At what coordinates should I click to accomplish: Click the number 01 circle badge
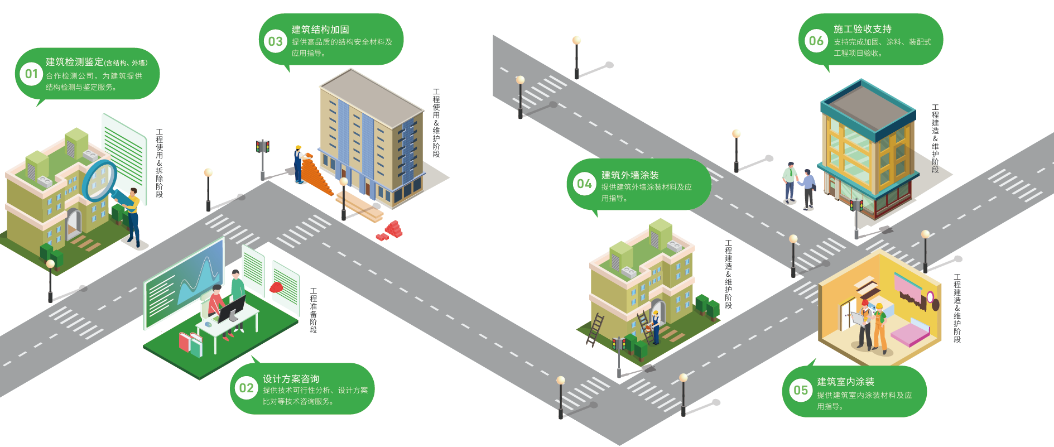32,74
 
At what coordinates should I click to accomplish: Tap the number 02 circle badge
246,388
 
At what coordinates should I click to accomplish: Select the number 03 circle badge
276,42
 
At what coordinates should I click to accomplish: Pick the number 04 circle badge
584,184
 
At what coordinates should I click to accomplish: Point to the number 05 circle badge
801,391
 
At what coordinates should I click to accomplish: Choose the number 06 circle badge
816,41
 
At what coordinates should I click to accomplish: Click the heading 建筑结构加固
320,30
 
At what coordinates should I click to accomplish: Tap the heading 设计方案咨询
291,379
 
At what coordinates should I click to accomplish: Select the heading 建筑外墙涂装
629,175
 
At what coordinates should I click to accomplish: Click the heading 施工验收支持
862,29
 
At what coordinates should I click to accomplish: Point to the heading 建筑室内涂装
845,382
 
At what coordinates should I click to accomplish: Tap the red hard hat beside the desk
276,287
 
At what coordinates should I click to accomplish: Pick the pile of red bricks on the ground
391,230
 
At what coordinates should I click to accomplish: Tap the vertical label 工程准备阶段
314,311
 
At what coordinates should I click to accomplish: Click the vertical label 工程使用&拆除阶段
160,163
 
